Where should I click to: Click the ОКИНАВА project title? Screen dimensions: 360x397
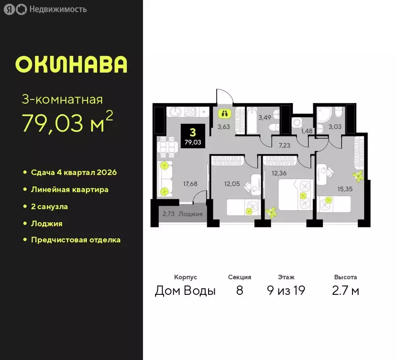pyautogui.click(x=71, y=64)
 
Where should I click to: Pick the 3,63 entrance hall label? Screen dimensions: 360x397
pyautogui.click(x=224, y=126)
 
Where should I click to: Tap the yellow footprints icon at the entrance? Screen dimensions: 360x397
pyautogui.click(x=224, y=113)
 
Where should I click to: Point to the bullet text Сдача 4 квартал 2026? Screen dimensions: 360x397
pyautogui.click(x=74, y=172)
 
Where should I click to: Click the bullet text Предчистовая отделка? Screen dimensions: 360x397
pyautogui.click(x=75, y=240)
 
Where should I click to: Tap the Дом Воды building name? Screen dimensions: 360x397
pyautogui.click(x=185, y=291)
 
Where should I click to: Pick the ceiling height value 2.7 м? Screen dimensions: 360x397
pyautogui.click(x=345, y=291)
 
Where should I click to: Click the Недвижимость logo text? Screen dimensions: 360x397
pyautogui.click(x=57, y=9)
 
